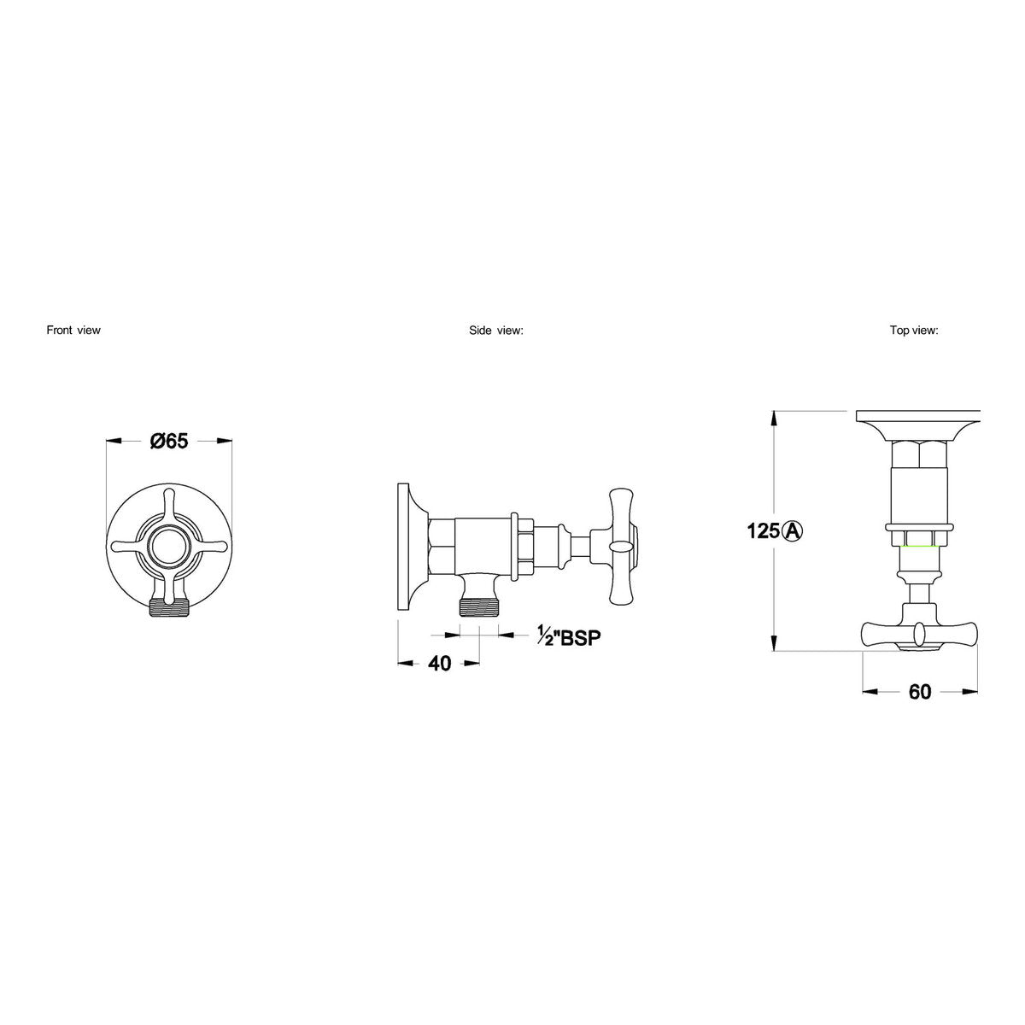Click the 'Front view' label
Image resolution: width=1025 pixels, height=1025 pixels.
pos(73,330)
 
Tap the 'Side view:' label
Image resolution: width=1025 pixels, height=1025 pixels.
pos(496,331)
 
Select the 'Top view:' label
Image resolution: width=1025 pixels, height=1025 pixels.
pos(914,331)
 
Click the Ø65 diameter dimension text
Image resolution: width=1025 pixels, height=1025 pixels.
pos(169,441)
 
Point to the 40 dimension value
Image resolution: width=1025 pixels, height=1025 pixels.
pos(439,664)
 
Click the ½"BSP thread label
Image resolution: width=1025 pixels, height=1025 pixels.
pos(569,636)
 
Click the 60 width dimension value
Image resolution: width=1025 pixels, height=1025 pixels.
pos(920,692)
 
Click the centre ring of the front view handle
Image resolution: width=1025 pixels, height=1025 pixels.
pos(169,545)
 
